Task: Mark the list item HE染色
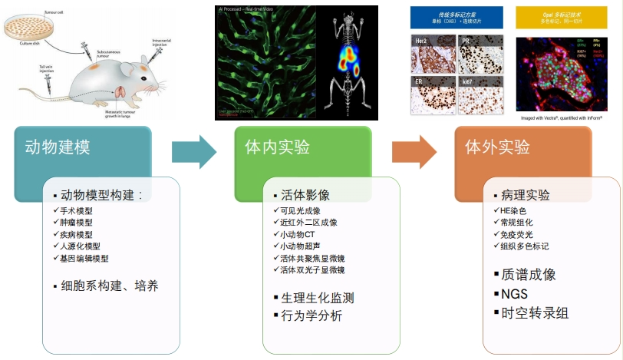[x=515, y=210]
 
